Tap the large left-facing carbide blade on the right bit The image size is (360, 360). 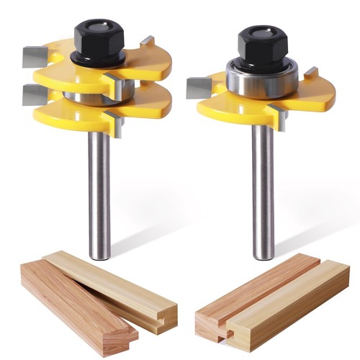pyautogui.click(x=198, y=88)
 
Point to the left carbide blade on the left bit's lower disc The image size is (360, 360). pyautogui.click(x=32, y=92)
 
